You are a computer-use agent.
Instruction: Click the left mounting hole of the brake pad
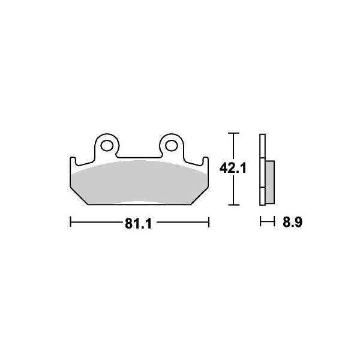[x=107, y=146]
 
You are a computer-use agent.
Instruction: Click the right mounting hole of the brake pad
[x=172, y=146]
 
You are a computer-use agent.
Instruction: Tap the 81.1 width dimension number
[x=138, y=223]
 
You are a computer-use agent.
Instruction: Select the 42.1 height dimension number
[x=233, y=168]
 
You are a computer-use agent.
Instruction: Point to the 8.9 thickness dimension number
[x=293, y=222]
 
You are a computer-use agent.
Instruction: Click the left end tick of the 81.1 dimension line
[x=70, y=222]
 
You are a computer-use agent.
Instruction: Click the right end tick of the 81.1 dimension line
[x=208, y=222]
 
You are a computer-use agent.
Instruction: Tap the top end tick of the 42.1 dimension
[x=234, y=133]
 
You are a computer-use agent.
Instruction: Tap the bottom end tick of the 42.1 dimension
[x=234, y=205]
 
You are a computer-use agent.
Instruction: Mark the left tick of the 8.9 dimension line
[x=260, y=221]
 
